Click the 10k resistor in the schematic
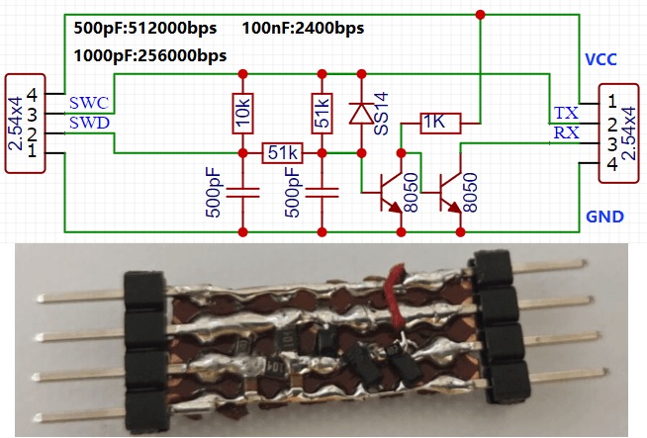(x=242, y=114)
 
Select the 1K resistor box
(x=440, y=123)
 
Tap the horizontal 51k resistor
(x=282, y=153)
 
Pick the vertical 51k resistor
(x=322, y=114)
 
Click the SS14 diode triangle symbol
(x=361, y=113)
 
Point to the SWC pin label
(x=89, y=103)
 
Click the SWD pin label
(x=89, y=123)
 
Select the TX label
(x=566, y=113)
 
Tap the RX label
(x=566, y=132)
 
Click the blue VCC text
(x=601, y=59)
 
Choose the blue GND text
(x=604, y=217)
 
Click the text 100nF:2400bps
(x=303, y=28)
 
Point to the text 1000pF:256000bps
(x=150, y=55)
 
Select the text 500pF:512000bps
(x=145, y=28)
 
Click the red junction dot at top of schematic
(x=480, y=15)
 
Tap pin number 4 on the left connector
(x=32, y=95)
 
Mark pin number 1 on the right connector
(x=612, y=101)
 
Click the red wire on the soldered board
(x=394, y=297)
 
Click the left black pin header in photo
(x=146, y=351)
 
